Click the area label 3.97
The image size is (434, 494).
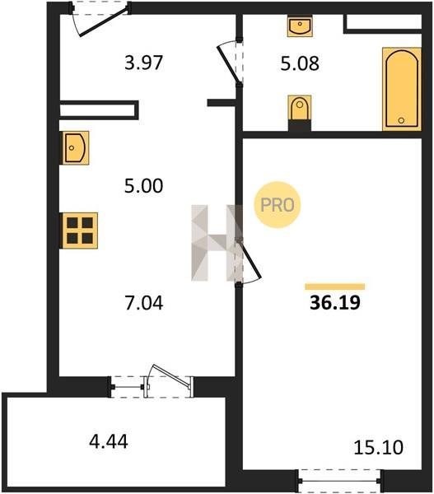[144, 63]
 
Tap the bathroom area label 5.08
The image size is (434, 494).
[300, 63]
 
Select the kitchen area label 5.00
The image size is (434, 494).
[144, 186]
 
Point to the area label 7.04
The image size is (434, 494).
[144, 303]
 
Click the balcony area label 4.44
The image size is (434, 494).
[109, 441]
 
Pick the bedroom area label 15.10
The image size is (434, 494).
[378, 448]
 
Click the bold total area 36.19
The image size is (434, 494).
[335, 303]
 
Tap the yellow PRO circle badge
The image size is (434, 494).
[278, 205]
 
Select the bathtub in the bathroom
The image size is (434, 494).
[402, 89]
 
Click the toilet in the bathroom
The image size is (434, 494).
[300, 108]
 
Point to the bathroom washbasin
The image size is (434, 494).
[300, 27]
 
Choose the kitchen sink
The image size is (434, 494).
[74, 147]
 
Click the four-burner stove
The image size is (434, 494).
[80, 231]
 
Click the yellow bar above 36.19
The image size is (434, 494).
[335, 287]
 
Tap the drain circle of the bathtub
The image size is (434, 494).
[401, 120]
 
